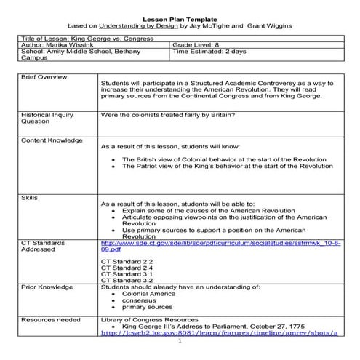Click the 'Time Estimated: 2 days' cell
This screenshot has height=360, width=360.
209,52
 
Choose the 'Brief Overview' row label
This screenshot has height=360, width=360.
44,76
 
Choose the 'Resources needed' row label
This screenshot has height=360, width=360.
51,319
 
